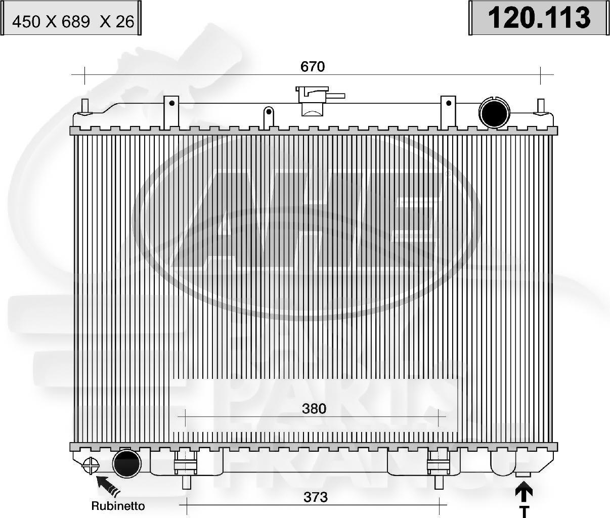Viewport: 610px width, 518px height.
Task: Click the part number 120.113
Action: [538, 18]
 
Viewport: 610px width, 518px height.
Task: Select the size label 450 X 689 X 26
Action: [73, 21]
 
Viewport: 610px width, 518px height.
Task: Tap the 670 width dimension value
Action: [312, 66]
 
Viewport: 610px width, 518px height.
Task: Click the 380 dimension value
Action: [314, 408]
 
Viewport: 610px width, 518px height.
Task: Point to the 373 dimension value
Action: [315, 497]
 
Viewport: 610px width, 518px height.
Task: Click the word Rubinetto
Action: [118, 505]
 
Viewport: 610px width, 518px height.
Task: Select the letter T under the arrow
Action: [525, 512]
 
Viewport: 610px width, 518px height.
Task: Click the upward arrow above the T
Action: [525, 493]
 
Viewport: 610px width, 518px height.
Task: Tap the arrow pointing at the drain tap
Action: [107, 485]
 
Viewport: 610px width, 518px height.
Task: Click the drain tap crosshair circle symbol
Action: [91, 465]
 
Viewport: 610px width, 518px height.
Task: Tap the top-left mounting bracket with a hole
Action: [171, 110]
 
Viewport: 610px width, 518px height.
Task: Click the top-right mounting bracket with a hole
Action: [448, 110]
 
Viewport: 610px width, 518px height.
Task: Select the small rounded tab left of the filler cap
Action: [269, 116]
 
